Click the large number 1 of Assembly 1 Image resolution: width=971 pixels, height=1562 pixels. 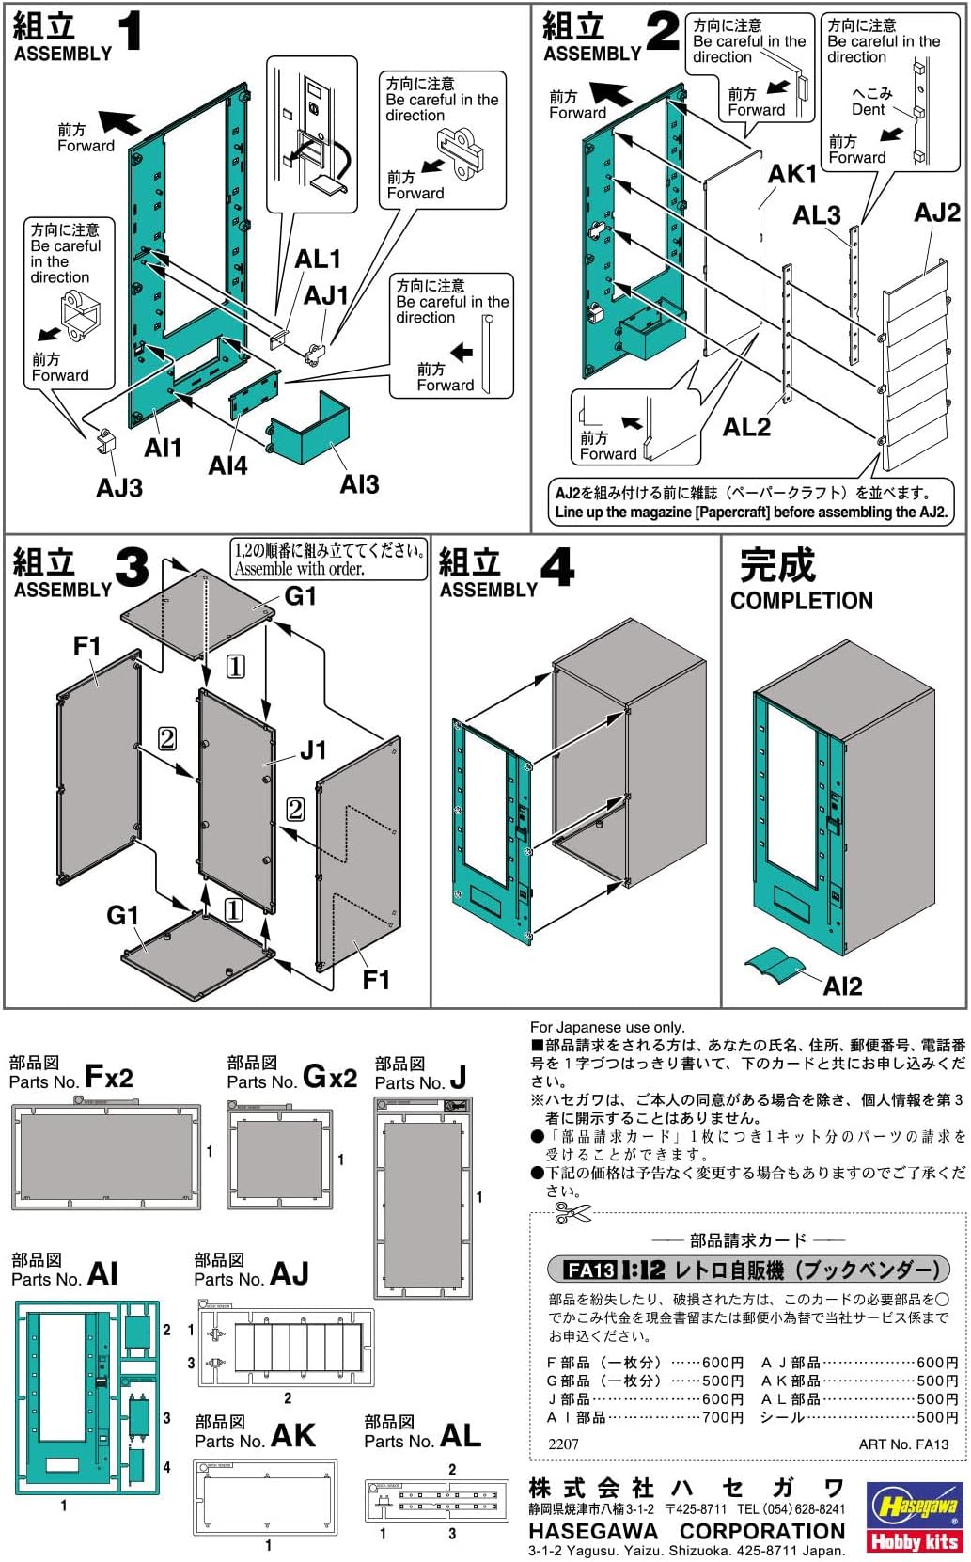tap(130, 31)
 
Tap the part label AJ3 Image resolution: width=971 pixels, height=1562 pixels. tap(119, 487)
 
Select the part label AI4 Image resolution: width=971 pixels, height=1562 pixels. tap(227, 465)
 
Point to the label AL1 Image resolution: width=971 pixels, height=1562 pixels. tap(318, 259)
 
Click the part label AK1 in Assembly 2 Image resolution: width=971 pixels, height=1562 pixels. tap(792, 174)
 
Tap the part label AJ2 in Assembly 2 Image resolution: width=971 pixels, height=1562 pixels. tap(936, 213)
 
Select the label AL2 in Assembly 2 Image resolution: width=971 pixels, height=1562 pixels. tap(746, 428)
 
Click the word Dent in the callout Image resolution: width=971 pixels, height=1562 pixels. tap(869, 110)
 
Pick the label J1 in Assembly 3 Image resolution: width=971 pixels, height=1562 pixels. tap(313, 749)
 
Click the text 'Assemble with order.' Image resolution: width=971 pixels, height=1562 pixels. tap(299, 568)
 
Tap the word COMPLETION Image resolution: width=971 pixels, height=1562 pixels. tap(802, 601)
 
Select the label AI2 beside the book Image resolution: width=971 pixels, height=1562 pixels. tap(842, 986)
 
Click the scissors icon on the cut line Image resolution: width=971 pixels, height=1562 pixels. tap(572, 1213)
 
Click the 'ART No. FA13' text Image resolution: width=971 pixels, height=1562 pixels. tap(903, 1444)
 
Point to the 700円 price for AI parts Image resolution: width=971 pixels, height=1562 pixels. tap(723, 1417)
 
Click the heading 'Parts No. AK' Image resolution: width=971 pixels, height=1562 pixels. tap(255, 1436)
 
